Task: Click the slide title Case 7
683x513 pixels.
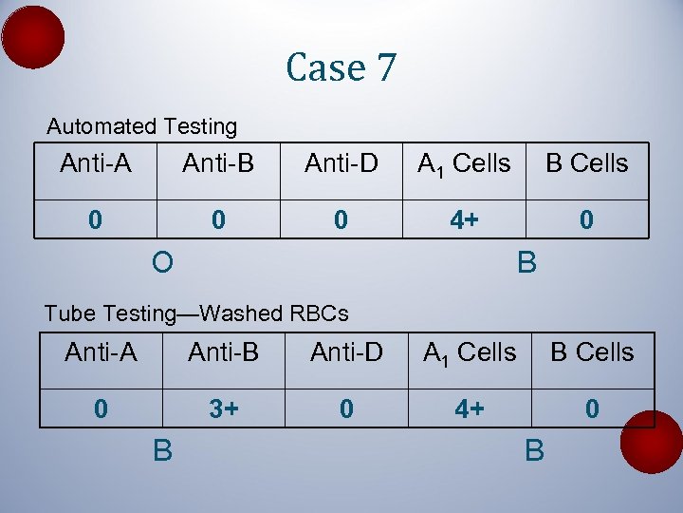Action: click(341, 67)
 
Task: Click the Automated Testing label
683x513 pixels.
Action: click(142, 126)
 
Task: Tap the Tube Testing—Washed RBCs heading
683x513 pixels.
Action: click(196, 313)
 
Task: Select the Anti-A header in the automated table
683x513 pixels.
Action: click(96, 163)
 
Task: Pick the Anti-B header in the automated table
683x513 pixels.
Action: click(218, 163)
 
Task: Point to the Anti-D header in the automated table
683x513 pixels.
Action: click(341, 163)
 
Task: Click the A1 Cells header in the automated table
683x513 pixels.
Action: click(464, 164)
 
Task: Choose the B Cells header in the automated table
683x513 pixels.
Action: click(586, 163)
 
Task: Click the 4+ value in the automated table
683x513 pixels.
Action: click(464, 220)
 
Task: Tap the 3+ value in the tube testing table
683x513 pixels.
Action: click(224, 408)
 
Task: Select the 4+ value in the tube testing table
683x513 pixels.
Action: click(470, 408)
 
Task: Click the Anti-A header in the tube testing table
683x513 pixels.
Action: click(101, 352)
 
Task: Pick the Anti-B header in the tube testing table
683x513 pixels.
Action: click(224, 352)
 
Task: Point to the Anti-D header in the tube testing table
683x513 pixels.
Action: click(346, 352)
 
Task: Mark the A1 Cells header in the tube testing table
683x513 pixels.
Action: click(470, 353)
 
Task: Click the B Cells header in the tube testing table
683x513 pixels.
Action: click(592, 352)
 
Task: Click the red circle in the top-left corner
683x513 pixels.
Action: click(33, 36)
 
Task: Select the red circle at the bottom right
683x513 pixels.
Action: click(652, 442)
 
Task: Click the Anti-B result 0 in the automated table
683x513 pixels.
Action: click(218, 220)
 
